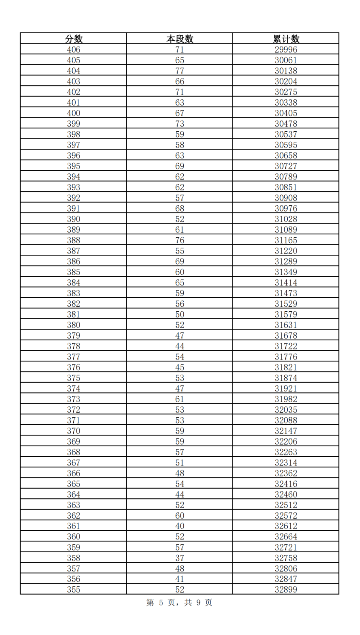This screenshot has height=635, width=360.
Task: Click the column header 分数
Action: tap(74, 39)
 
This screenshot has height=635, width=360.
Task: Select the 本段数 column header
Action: tap(180, 39)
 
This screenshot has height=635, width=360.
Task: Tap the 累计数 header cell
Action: tap(286, 39)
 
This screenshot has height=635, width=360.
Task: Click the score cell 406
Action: tap(74, 49)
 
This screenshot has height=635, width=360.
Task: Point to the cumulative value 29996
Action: tap(286, 49)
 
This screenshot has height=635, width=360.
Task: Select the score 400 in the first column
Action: tap(74, 113)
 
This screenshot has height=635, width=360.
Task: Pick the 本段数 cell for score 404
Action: tap(180, 71)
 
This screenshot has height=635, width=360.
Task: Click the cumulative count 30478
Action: tap(286, 124)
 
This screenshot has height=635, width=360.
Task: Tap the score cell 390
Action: tap(74, 219)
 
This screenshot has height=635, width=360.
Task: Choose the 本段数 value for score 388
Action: tap(180, 240)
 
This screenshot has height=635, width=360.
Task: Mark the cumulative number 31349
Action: tap(286, 272)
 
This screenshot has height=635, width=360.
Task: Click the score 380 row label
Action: tap(74, 325)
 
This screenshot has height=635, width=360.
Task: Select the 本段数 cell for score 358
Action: tap(180, 558)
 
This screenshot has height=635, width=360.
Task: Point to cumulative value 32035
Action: tap(286, 410)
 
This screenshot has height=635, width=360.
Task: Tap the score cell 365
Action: tap(74, 484)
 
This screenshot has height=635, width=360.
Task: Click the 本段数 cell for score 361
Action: tap(180, 526)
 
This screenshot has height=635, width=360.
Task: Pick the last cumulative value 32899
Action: tap(286, 589)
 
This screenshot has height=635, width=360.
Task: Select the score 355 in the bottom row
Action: tap(74, 589)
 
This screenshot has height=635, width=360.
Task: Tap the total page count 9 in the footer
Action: tap(198, 603)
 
